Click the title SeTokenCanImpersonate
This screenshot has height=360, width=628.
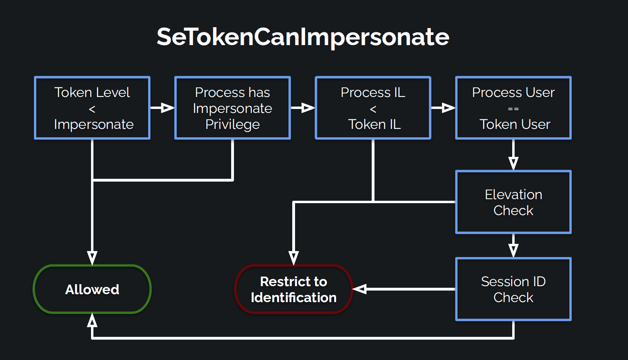[303, 37]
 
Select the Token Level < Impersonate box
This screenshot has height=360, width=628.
[92, 108]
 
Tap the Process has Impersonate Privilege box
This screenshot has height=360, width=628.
[232, 108]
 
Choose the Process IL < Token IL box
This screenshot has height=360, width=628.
[373, 108]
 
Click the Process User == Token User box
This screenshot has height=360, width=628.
[513, 108]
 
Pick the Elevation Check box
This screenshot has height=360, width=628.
[513, 202]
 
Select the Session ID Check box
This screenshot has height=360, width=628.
[513, 289]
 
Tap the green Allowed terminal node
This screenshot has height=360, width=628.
[92, 289]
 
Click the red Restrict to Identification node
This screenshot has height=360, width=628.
[293, 289]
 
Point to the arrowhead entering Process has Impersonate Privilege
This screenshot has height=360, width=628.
[168, 108]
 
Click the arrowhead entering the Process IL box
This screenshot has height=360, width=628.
[308, 108]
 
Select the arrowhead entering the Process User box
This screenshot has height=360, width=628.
[448, 108]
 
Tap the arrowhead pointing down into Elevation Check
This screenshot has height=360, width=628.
[513, 163]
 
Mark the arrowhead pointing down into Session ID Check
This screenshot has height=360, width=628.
[513, 250]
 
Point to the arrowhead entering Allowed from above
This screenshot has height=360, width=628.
[92, 257]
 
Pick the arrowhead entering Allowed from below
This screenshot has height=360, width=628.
[92, 320]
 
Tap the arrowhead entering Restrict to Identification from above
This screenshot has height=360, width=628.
[293, 257]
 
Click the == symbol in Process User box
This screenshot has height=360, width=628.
[513, 109]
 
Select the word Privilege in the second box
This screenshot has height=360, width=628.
[232, 125]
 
